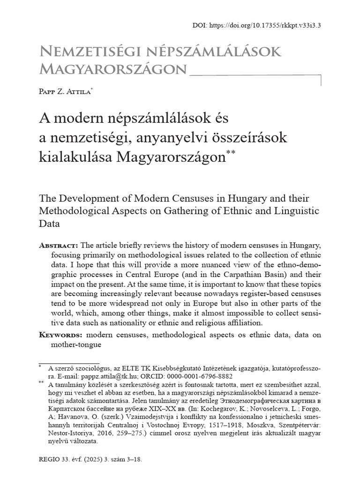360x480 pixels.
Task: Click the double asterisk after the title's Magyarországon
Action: [x=231, y=152]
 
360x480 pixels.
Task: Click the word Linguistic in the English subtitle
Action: [x=294, y=211]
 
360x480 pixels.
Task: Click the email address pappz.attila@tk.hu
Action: [x=119, y=376]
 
